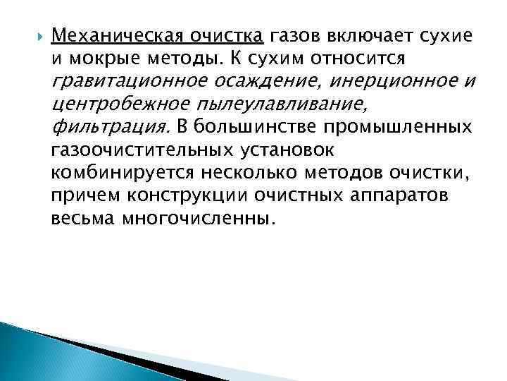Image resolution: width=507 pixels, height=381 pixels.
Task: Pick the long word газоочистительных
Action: [138, 151]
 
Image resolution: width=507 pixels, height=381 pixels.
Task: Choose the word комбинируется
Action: [120, 174]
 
